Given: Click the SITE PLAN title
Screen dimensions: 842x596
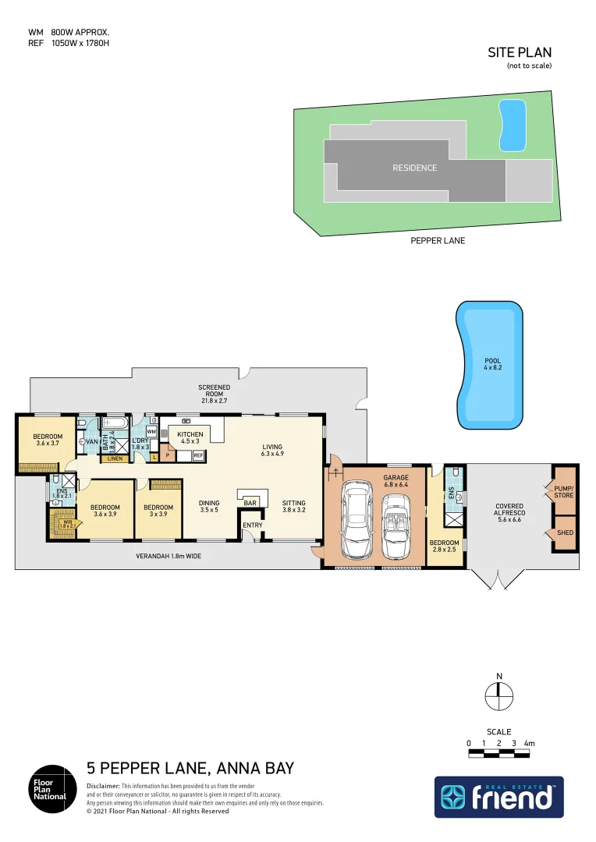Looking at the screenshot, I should coord(520,52).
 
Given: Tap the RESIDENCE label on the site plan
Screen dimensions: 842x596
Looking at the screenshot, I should coord(414,168).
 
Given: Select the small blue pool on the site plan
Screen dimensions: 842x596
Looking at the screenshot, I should coord(512,126).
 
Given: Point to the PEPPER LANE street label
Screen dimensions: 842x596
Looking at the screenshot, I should coord(438,241).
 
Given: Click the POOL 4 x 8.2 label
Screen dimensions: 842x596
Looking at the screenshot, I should coord(492,363).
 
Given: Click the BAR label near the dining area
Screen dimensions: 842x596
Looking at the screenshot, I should coord(250,504).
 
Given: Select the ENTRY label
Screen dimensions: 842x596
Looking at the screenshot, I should coord(253,525).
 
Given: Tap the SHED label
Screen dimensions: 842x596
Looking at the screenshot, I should coord(565,534).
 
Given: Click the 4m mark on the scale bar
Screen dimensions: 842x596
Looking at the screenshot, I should coord(530,744).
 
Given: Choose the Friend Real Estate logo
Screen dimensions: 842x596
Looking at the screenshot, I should coord(498,797).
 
